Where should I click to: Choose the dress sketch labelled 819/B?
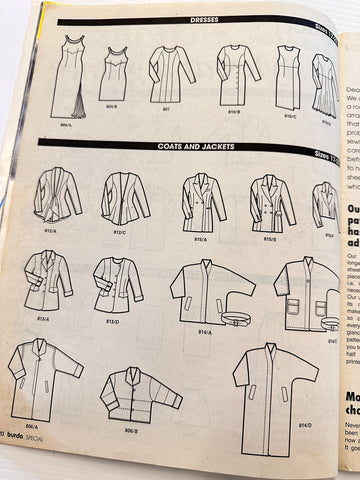238,74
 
